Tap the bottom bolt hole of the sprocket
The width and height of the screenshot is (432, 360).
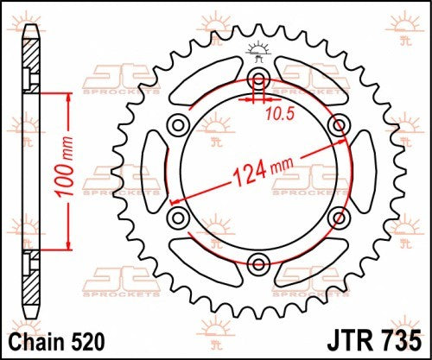tap(257, 262)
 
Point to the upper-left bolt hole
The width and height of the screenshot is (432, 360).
tap(179, 126)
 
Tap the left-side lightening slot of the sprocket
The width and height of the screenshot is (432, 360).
tap(153, 171)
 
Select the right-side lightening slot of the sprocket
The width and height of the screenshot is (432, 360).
tap(362, 171)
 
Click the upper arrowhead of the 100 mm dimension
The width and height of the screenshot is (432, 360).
tap(65, 96)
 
